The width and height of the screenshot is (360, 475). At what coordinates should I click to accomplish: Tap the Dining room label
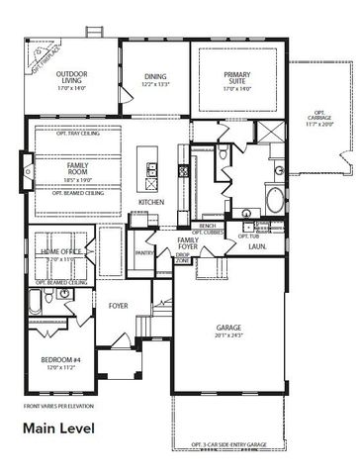coord(155,76)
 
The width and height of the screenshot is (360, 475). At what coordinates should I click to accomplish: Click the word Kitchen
coord(151,203)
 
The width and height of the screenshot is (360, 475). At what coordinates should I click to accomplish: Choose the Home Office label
coord(59,252)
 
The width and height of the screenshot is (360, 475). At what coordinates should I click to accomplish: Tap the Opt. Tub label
coord(248,236)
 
